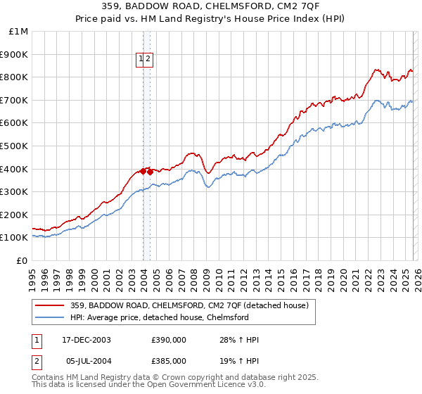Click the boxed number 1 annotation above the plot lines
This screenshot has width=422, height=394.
[141, 60]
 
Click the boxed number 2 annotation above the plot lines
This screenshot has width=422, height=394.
[149, 60]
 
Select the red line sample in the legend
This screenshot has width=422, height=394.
[50, 306]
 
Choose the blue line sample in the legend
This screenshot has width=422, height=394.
[50, 318]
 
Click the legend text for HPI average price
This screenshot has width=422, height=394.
[160, 318]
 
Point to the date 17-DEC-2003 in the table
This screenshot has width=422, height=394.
[87, 340]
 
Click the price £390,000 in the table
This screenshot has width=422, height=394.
[169, 340]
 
